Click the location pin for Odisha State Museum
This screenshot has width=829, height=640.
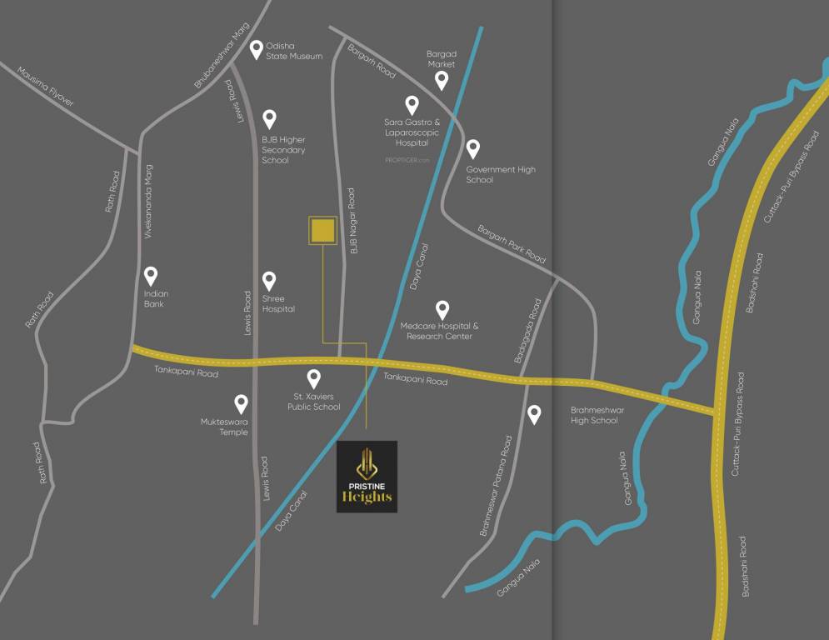257,49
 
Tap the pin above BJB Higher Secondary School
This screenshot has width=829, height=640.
269,119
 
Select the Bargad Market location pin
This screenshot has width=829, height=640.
442,80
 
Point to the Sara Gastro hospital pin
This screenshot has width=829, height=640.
412,105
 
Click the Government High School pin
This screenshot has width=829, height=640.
472,149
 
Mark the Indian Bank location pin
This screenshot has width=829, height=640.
151,276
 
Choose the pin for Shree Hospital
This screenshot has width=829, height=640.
269,281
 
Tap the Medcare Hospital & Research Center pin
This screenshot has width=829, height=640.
442,310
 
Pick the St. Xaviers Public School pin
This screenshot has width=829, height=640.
314,379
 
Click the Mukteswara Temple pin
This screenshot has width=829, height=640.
241,404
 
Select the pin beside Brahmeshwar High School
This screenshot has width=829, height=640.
534,413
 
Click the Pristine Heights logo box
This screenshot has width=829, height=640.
367,477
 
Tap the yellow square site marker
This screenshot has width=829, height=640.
322,232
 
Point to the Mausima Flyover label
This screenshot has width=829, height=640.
46,87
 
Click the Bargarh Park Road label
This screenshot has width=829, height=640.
512,244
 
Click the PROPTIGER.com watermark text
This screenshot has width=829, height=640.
407,160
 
